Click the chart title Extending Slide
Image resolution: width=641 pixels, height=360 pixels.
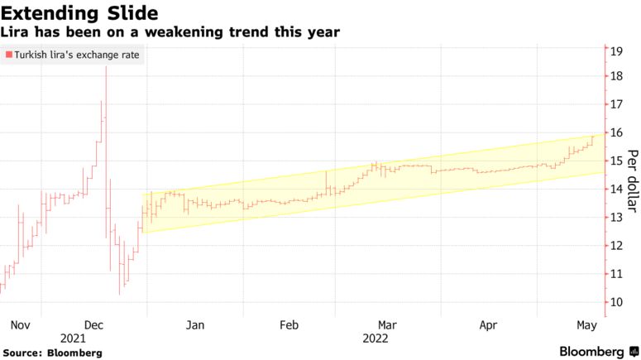[x=80, y=13]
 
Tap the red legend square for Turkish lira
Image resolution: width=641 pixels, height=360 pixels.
[x=9, y=55]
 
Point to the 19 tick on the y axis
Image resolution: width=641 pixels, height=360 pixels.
[x=615, y=51]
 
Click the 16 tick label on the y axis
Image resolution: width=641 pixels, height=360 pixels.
[x=615, y=132]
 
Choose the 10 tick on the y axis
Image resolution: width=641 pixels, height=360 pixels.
[x=615, y=302]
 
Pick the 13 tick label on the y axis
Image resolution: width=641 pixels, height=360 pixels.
[x=615, y=217]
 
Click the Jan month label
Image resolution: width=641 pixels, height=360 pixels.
[x=194, y=324]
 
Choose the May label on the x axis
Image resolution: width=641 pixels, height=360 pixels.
[x=586, y=324]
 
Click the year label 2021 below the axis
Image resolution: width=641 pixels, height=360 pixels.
[x=73, y=338]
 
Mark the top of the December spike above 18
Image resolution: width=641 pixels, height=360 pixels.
[x=106, y=67]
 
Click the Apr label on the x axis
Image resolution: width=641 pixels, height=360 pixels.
[x=489, y=324]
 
